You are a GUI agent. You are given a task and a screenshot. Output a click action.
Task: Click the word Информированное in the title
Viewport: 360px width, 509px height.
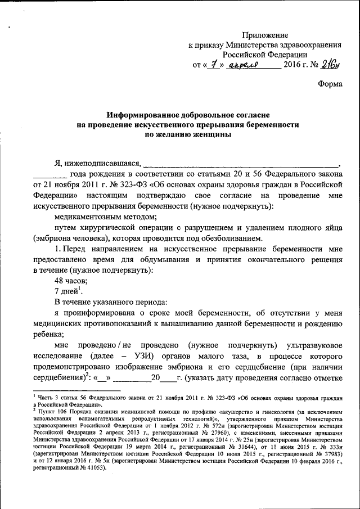coord(140,114)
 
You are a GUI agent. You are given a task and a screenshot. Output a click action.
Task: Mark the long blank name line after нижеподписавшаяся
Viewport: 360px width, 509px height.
coord(242,164)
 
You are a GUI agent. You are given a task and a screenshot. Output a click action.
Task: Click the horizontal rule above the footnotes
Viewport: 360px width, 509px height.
coord(76,390)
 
